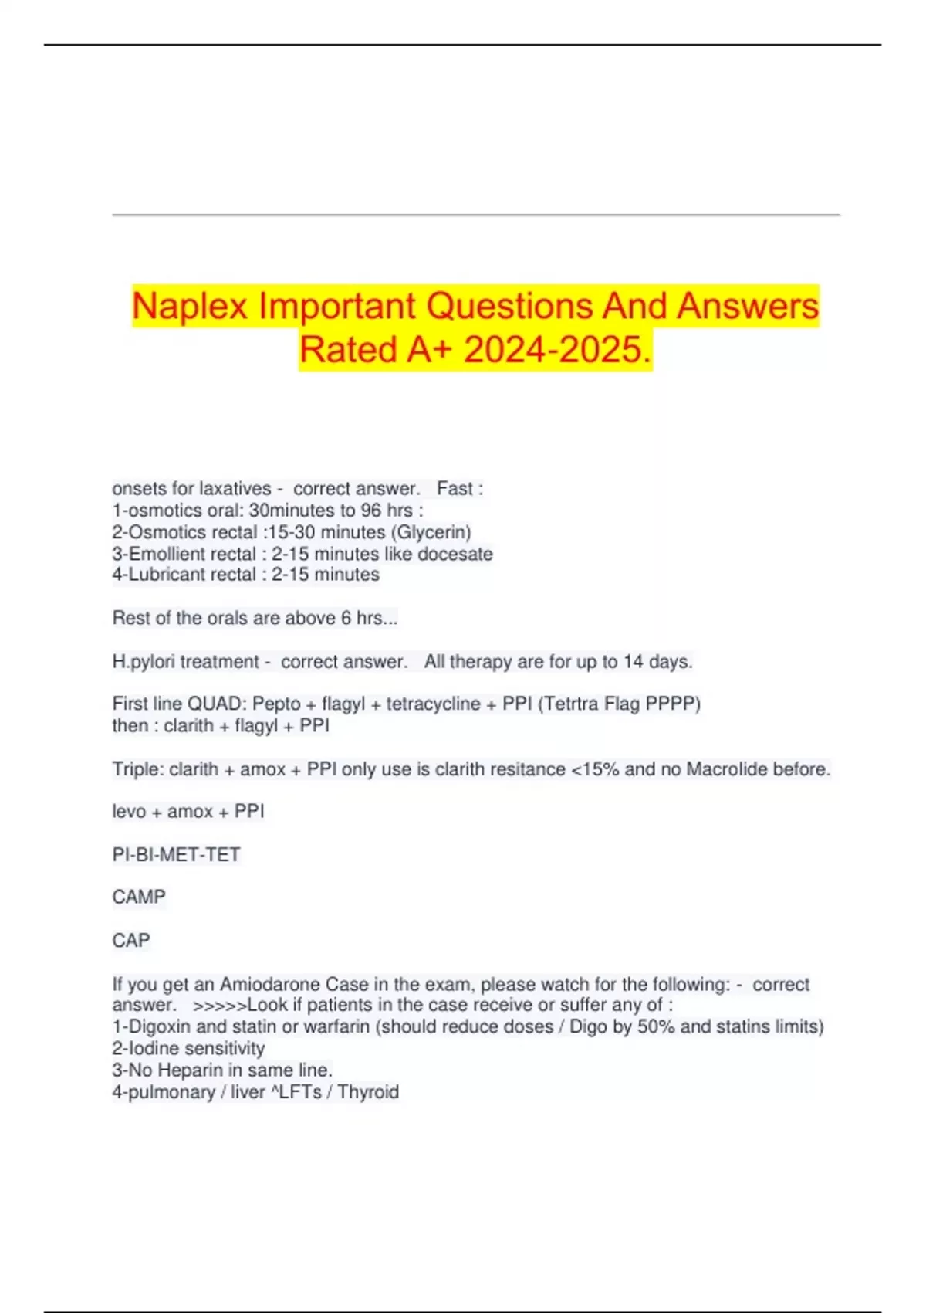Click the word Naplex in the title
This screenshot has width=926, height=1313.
click(x=190, y=306)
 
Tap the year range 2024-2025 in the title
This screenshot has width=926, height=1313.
click(x=553, y=349)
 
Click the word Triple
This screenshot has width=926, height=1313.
click(x=136, y=769)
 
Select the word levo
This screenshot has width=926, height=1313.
click(x=128, y=812)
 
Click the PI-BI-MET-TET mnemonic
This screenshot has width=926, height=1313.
click(x=177, y=855)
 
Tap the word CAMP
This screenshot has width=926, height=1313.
click(x=139, y=897)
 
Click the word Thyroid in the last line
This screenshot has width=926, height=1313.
click(x=368, y=1092)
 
